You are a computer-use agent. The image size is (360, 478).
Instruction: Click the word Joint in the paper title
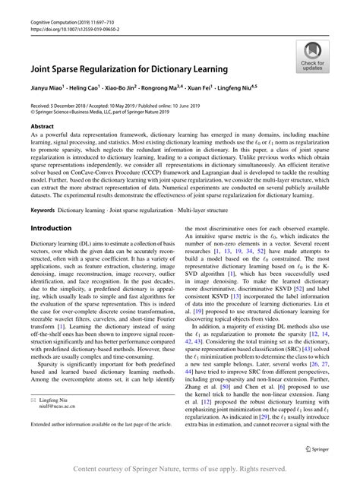click(x=43, y=68)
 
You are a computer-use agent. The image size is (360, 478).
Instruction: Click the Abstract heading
click(x=42, y=126)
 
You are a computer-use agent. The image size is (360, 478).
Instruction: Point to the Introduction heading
click(x=51, y=228)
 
